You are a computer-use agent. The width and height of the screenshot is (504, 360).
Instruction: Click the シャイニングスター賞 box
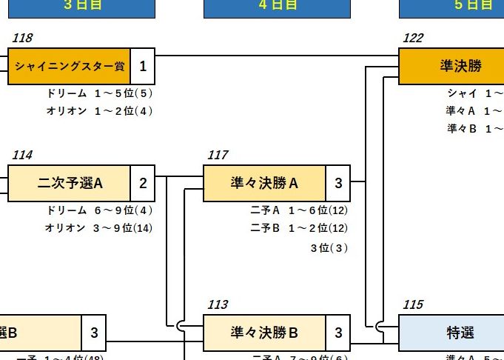[x=69, y=67]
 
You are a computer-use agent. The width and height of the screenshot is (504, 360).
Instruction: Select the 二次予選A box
[x=69, y=183]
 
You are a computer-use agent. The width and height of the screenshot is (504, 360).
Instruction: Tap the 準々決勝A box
[x=264, y=183]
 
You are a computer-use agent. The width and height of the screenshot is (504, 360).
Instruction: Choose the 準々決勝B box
[x=264, y=333]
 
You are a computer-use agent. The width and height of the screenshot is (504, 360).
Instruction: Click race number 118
[x=22, y=39]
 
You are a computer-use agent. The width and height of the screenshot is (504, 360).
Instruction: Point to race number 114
[x=22, y=155]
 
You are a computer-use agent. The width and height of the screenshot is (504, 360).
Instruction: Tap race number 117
[x=218, y=155]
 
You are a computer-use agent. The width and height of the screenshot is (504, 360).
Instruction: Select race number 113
[x=218, y=304]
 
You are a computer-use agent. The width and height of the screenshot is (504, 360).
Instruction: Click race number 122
[x=413, y=39]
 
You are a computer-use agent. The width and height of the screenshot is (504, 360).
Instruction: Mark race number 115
[x=413, y=304]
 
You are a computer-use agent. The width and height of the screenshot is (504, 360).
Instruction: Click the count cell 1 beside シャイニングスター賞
[x=143, y=67]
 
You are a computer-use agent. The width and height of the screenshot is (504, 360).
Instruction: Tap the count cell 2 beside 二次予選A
[x=143, y=183]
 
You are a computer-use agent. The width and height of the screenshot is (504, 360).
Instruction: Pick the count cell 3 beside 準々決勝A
[x=338, y=183]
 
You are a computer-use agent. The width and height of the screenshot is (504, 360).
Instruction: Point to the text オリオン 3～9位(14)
[x=99, y=227]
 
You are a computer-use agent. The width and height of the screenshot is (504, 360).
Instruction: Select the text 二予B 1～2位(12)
[x=299, y=227]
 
